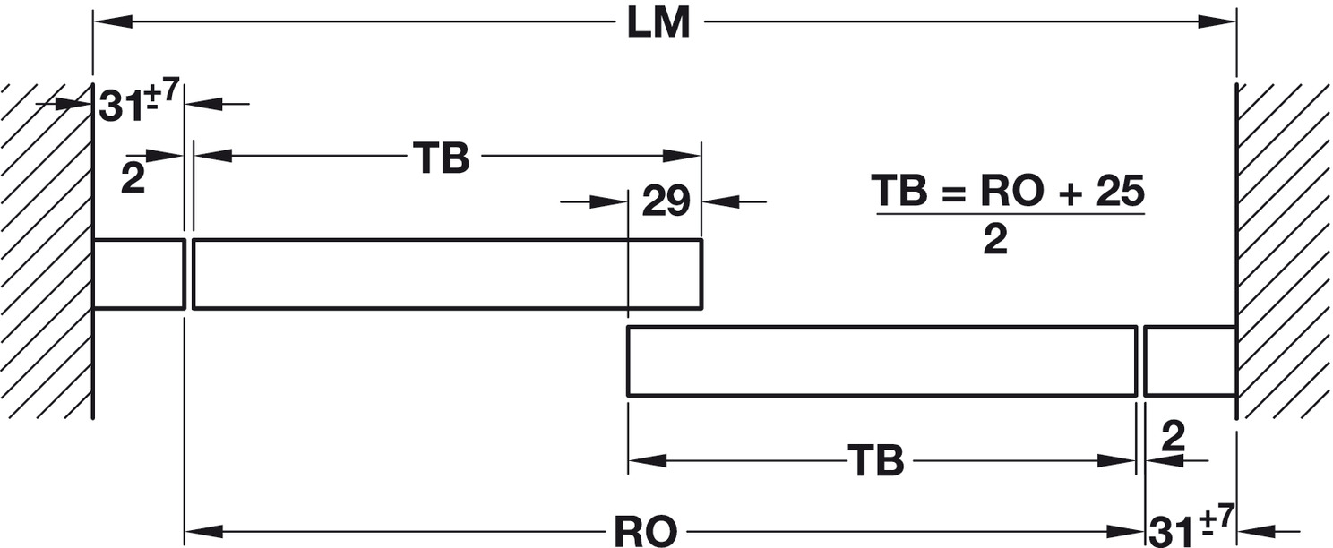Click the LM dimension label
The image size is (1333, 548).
658,23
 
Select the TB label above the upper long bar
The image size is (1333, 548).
441,158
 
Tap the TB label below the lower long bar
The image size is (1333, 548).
875,461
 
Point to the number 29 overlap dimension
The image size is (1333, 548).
665,202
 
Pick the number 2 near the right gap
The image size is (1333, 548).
1173,438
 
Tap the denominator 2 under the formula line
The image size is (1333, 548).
994,239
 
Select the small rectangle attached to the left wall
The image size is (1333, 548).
139,274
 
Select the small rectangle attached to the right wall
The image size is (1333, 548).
1190,361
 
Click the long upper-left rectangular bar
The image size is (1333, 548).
446,274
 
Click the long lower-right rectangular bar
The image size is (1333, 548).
881,361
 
